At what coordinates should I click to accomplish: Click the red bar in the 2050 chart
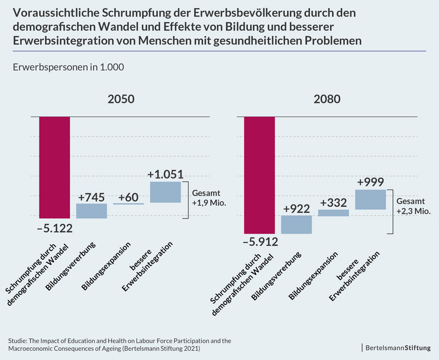[x=54, y=167]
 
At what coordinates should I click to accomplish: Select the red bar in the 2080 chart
[x=259, y=175]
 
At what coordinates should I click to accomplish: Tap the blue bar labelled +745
[x=92, y=211]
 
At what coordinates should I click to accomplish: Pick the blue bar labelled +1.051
[x=166, y=192]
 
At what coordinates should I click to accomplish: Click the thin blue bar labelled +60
[x=128, y=203]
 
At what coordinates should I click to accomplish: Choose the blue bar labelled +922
[x=296, y=225]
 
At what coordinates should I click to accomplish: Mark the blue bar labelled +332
[x=334, y=213]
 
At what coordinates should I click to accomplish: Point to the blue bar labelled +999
[x=370, y=200]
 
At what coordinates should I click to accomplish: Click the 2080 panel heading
[x=327, y=100]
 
